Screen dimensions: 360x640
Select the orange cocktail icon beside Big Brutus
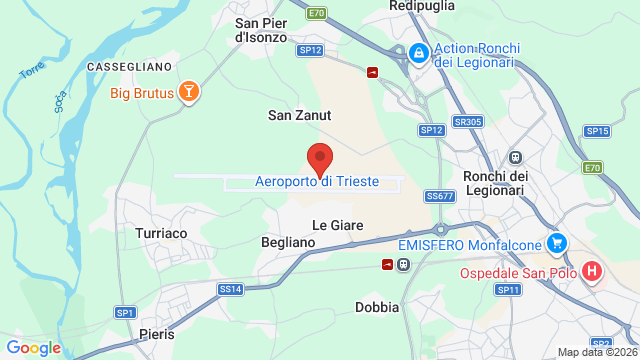(187, 94)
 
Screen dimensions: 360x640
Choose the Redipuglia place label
(423, 6)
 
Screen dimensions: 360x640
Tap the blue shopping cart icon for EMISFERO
(557, 243)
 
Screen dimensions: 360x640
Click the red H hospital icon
(593, 272)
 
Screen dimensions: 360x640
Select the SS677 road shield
(439, 196)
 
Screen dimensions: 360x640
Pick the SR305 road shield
(467, 122)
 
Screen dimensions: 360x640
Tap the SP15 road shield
(597, 131)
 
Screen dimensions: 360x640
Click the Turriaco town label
(161, 233)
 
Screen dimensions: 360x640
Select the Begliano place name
(288, 242)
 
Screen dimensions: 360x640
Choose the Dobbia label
(377, 307)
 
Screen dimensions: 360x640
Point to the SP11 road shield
(509, 289)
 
